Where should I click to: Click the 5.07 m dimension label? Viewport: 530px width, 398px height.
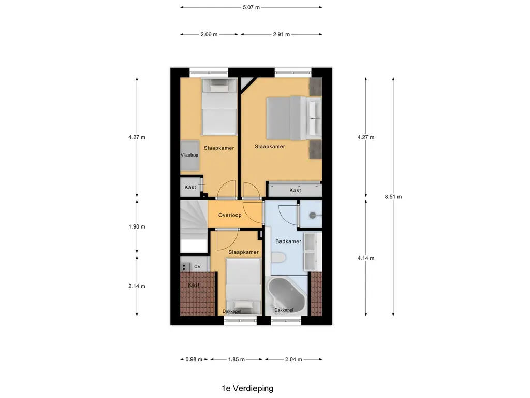[x=251, y=7]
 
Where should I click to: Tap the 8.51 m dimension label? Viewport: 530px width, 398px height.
[x=393, y=196]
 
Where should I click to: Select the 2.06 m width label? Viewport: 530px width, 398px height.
[x=209, y=34]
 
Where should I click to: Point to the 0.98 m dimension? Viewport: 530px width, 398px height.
[x=193, y=359]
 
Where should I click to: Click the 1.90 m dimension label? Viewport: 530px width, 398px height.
[x=137, y=226]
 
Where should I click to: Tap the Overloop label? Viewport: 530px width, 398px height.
[x=230, y=215]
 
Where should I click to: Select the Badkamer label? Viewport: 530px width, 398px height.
[x=288, y=241]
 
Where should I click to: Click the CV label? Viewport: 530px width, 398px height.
[x=197, y=266]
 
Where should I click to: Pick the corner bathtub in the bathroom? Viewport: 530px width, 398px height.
[x=287, y=294]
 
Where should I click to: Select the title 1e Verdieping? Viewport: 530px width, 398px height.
[x=246, y=388]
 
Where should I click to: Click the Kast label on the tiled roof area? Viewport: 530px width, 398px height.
[x=194, y=285]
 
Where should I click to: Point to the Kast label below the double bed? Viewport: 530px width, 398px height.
[x=295, y=190]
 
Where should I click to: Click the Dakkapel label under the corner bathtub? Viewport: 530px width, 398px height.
[x=284, y=310]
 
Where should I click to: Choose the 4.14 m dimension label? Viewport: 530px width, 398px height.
[x=365, y=258]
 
